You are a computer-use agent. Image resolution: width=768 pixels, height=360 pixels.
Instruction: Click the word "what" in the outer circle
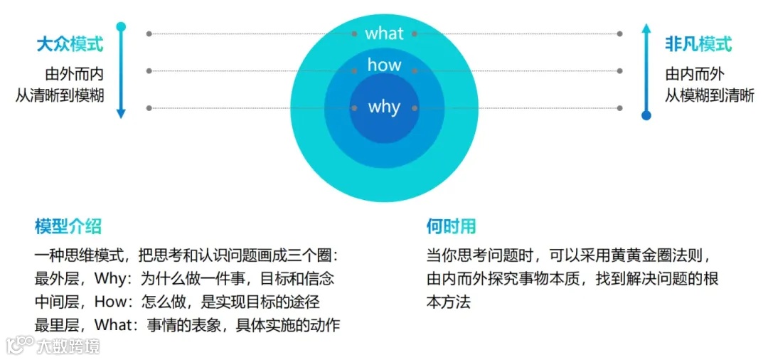tap(384, 33)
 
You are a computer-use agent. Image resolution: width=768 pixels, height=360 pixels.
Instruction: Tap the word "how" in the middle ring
tap(384, 65)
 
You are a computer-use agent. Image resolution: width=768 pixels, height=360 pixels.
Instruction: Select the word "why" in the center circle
tap(384, 107)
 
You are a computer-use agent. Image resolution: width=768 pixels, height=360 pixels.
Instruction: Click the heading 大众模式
tap(70, 44)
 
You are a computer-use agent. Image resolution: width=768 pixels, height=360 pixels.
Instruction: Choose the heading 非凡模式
tap(698, 44)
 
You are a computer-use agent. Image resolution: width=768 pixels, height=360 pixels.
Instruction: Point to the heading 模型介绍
tap(68, 226)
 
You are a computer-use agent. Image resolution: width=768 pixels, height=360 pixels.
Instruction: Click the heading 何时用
tap(451, 226)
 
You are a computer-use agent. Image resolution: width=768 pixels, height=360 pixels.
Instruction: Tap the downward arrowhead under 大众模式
tap(121, 113)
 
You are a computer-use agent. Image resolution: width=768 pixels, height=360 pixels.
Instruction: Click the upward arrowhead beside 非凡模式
tap(646, 29)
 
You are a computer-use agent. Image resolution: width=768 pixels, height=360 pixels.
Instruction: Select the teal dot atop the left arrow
tap(121, 27)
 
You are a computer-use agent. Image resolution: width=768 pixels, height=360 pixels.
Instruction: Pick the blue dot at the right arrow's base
tap(646, 115)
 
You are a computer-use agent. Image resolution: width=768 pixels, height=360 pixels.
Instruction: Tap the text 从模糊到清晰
tap(709, 95)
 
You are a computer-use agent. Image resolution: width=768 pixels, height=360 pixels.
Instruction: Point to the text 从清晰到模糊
tap(60, 95)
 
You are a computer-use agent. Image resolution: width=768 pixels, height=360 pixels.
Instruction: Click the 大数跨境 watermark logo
tap(53, 346)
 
